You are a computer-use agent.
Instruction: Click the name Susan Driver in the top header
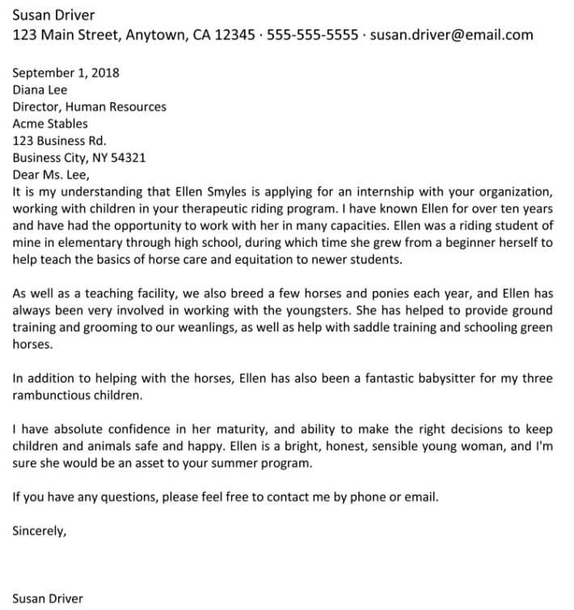coord(53,15)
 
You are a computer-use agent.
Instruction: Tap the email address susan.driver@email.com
coord(451,35)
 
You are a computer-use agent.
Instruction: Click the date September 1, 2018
coord(65,72)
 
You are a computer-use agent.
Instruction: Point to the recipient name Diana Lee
coord(40,90)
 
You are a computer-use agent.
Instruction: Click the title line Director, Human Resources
coord(89,107)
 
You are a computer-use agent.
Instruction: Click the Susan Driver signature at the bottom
coord(48,599)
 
